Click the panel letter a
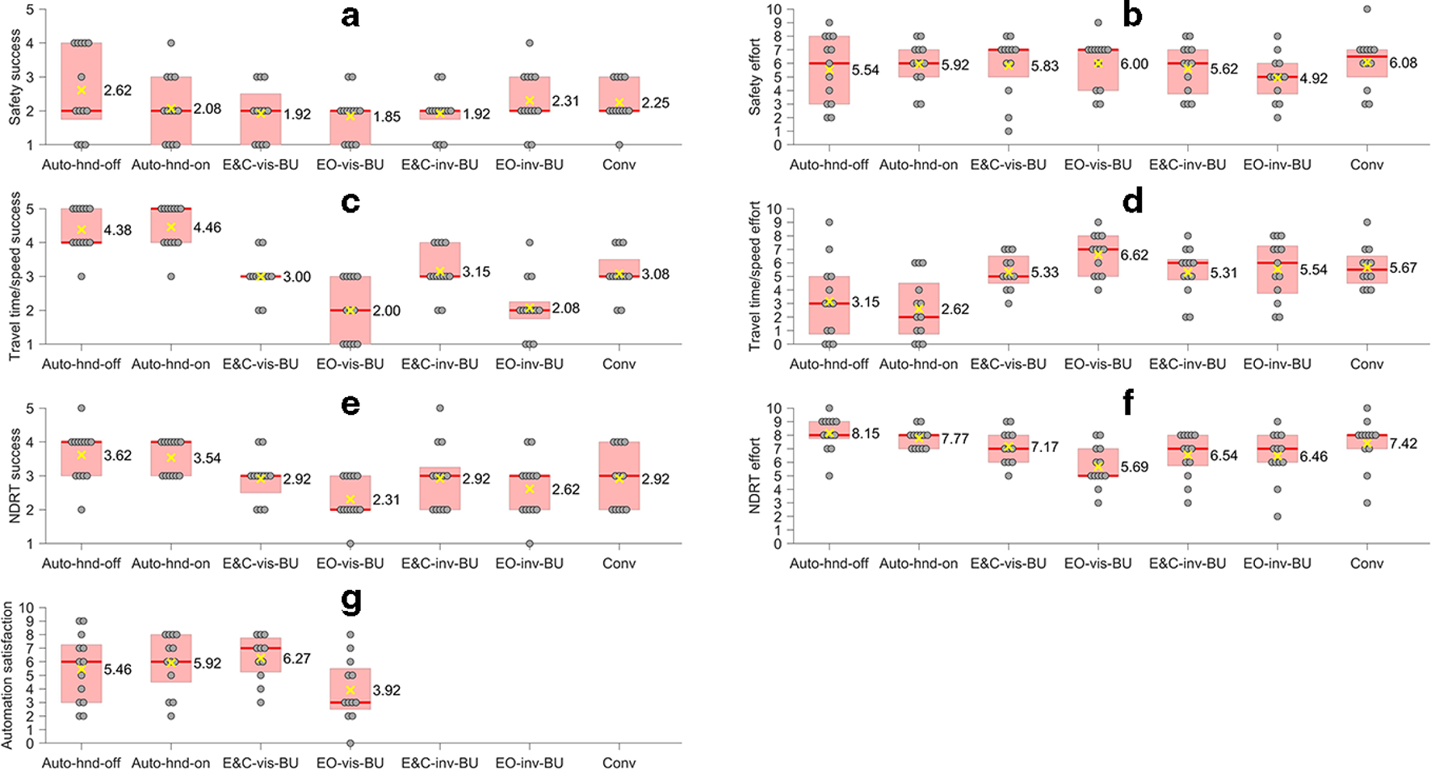coord(350,16)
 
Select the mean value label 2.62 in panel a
coord(118,90)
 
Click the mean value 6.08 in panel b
coord(1404,63)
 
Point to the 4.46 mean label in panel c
coord(207,228)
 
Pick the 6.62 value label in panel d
coord(1135,255)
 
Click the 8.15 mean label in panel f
coord(866,433)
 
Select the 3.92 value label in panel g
coord(387,690)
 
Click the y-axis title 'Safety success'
coord(15,77)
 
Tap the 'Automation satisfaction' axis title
coord(8,674)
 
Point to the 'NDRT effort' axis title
coord(755,476)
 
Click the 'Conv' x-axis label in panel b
coord(1366,165)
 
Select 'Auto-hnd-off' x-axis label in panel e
coord(81,563)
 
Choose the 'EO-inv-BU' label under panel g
coord(530,763)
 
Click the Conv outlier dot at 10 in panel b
coord(1366,10)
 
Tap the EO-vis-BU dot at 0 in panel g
coord(350,743)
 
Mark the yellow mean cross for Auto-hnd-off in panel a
coord(82,90)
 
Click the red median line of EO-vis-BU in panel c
coord(350,310)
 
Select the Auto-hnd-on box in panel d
coord(918,308)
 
